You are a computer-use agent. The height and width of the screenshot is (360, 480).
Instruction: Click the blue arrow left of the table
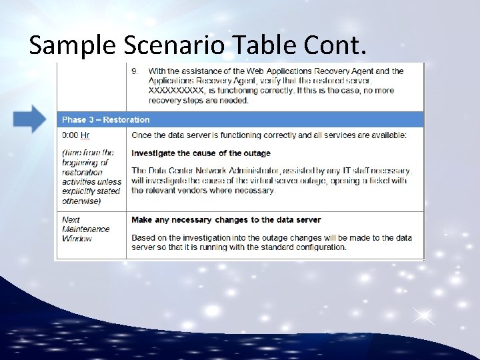[x=30, y=119]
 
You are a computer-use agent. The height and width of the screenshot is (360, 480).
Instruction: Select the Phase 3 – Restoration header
[x=106, y=120]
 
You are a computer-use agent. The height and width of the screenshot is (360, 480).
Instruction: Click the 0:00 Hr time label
[x=76, y=135]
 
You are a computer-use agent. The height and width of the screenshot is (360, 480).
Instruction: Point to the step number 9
[x=135, y=71]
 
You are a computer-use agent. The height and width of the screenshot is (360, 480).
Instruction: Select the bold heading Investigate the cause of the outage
[x=201, y=153]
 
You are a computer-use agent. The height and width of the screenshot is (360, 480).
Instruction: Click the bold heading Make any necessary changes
[x=226, y=219]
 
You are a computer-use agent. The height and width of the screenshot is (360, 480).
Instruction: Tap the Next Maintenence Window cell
[x=86, y=229]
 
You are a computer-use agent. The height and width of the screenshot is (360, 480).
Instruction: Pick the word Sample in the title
[x=64, y=45]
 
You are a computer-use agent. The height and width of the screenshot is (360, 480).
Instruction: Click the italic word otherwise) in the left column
[x=81, y=201]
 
